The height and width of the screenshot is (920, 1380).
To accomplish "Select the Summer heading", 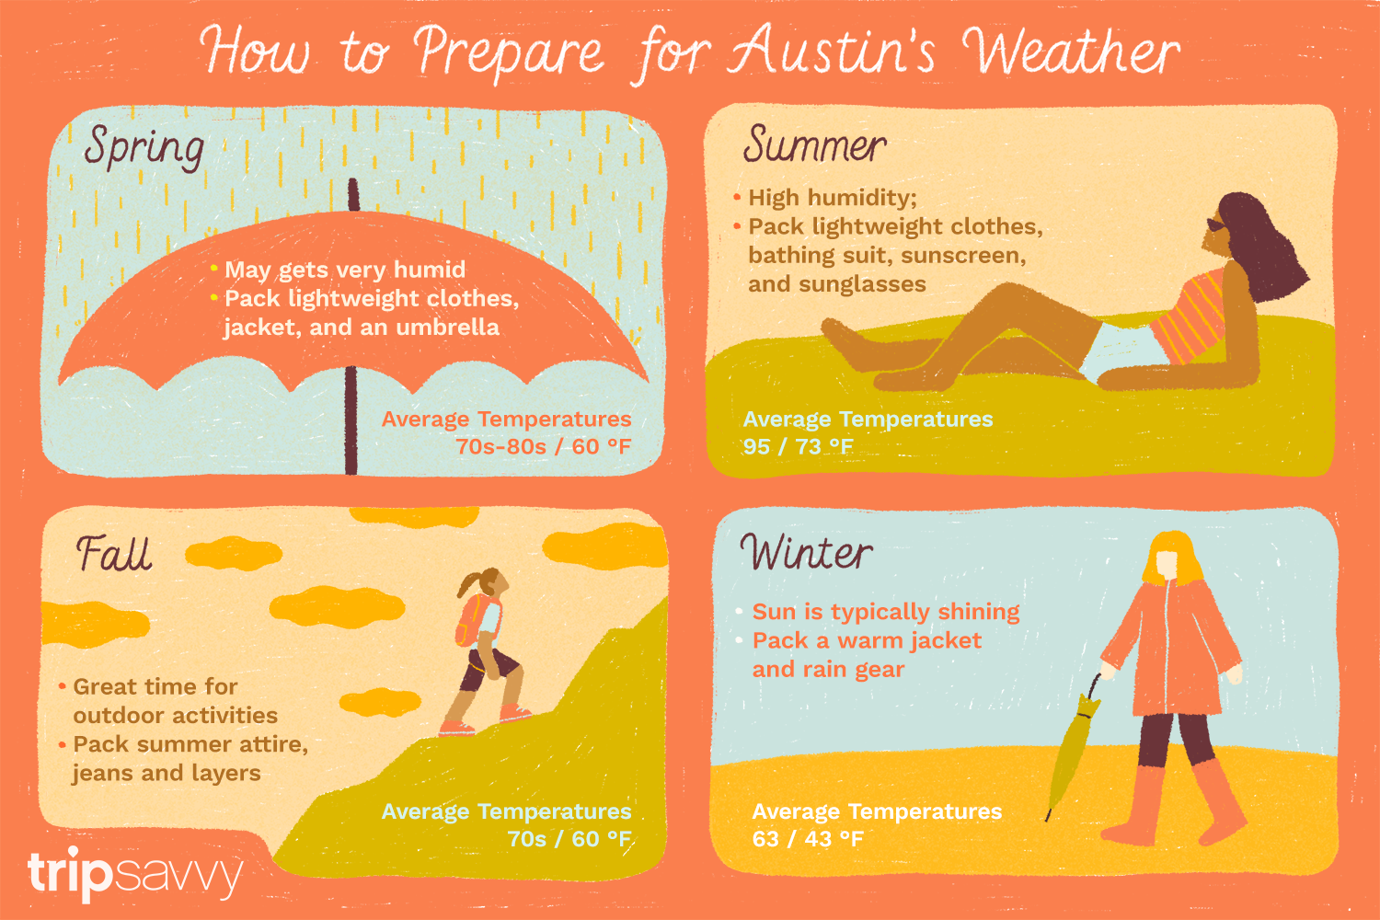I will coord(814,145).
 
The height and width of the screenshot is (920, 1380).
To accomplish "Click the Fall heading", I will coord(113,554).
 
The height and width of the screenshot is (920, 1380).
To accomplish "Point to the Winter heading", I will coord(806,553).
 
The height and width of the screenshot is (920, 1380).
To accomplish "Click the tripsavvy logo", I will coord(134,874).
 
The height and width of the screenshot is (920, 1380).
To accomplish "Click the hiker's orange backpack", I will coord(469,620).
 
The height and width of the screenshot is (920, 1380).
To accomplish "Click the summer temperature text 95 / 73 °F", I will coord(798,447).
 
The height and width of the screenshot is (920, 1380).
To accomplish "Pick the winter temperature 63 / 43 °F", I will coord(807,839).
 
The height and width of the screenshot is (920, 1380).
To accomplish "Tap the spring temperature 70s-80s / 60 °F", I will coord(543,447).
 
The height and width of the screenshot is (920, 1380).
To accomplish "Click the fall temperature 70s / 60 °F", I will coord(569,839).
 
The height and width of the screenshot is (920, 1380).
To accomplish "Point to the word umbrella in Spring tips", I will coord(453,328).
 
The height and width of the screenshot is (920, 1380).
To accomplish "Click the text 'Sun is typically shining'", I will coord(885,612).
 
